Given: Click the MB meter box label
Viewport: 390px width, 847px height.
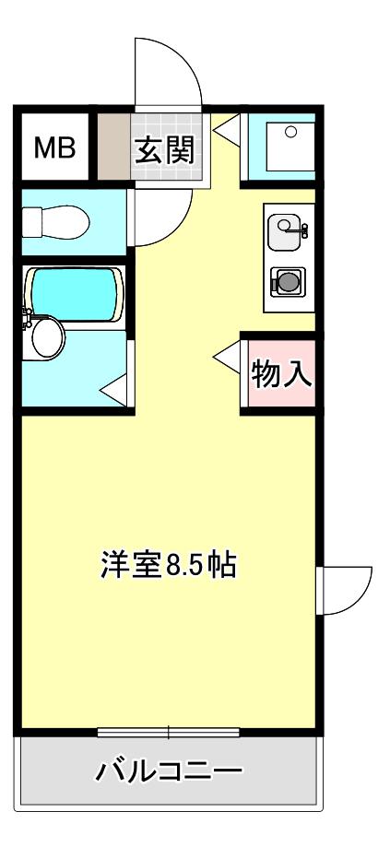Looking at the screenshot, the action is pos(54,147).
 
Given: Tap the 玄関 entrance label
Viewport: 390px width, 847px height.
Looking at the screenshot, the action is pos(164,150).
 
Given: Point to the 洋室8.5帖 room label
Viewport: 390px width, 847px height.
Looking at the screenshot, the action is pos(169,564).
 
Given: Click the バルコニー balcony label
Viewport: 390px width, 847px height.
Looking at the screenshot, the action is pos(168,771).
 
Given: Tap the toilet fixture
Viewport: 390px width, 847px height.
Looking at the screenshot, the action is pos(55,221).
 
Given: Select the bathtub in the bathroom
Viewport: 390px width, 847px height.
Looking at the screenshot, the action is pos(74,295).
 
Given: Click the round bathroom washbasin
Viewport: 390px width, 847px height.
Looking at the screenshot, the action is pos(48,337).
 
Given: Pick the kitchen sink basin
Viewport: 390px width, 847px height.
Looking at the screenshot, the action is pos(284,232).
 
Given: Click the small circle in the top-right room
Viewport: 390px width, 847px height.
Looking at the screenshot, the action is pos(290,131).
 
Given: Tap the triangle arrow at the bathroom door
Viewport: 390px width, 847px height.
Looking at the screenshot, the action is pos(114,390).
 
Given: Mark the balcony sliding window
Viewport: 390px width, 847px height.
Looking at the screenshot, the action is pos(169,733).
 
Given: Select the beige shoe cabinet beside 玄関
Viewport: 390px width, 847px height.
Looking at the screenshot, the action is pos(113,146).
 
